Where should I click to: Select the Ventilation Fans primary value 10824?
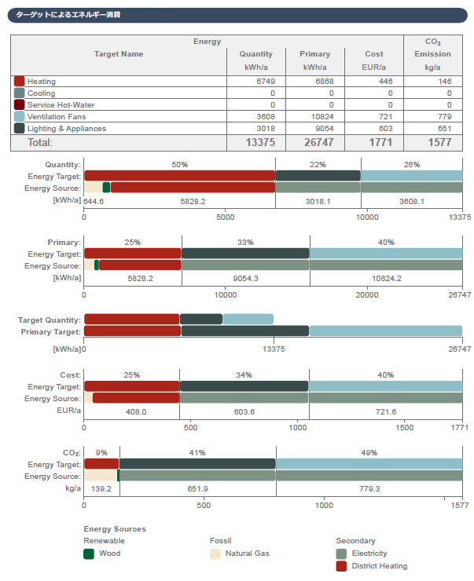tap(321, 117)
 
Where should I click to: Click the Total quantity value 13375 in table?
tap(259, 143)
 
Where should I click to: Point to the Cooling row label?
tap(41, 93)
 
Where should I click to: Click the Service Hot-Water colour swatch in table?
tap(20, 105)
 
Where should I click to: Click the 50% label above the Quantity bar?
tap(179, 165)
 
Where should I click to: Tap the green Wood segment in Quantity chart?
tap(106, 188)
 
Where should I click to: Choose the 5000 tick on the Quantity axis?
tap(226, 217)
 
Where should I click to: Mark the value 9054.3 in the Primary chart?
tap(245, 279)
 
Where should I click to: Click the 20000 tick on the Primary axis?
tap(367, 295)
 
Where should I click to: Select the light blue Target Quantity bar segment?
tap(248, 320)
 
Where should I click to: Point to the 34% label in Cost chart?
tap(244, 375)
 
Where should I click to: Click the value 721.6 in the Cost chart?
tap(386, 411)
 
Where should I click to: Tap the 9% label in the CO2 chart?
tap(101, 453)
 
